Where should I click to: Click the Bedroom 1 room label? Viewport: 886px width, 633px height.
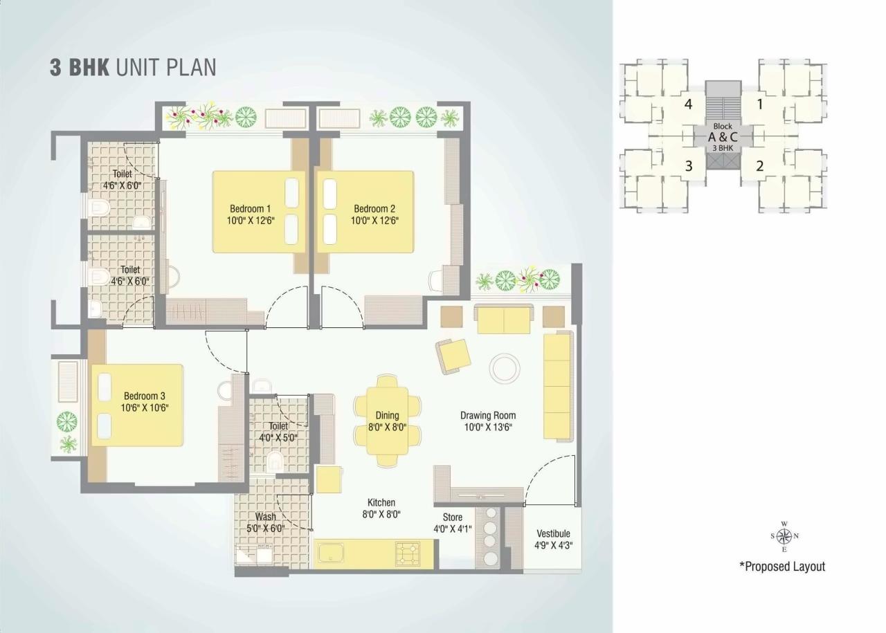pos(250,208)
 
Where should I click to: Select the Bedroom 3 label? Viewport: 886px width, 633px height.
pos(145,396)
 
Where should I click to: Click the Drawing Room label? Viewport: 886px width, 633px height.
pos(488,416)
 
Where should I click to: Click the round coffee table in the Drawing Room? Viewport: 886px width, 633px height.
pos(505,369)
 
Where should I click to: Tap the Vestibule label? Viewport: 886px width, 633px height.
pos(554,533)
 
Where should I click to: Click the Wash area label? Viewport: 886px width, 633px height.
pos(265,517)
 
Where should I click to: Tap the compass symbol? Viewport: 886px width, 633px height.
pos(784,536)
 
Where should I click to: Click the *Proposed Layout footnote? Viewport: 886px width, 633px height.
pos(782,567)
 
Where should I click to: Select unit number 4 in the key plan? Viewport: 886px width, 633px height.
pos(688,105)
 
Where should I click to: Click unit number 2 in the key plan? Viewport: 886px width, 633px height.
pos(759,165)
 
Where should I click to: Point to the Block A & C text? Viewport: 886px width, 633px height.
pos(723,136)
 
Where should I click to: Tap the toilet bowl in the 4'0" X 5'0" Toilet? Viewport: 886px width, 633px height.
pos(275,461)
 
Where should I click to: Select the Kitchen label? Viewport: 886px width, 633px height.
pos(381,503)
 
